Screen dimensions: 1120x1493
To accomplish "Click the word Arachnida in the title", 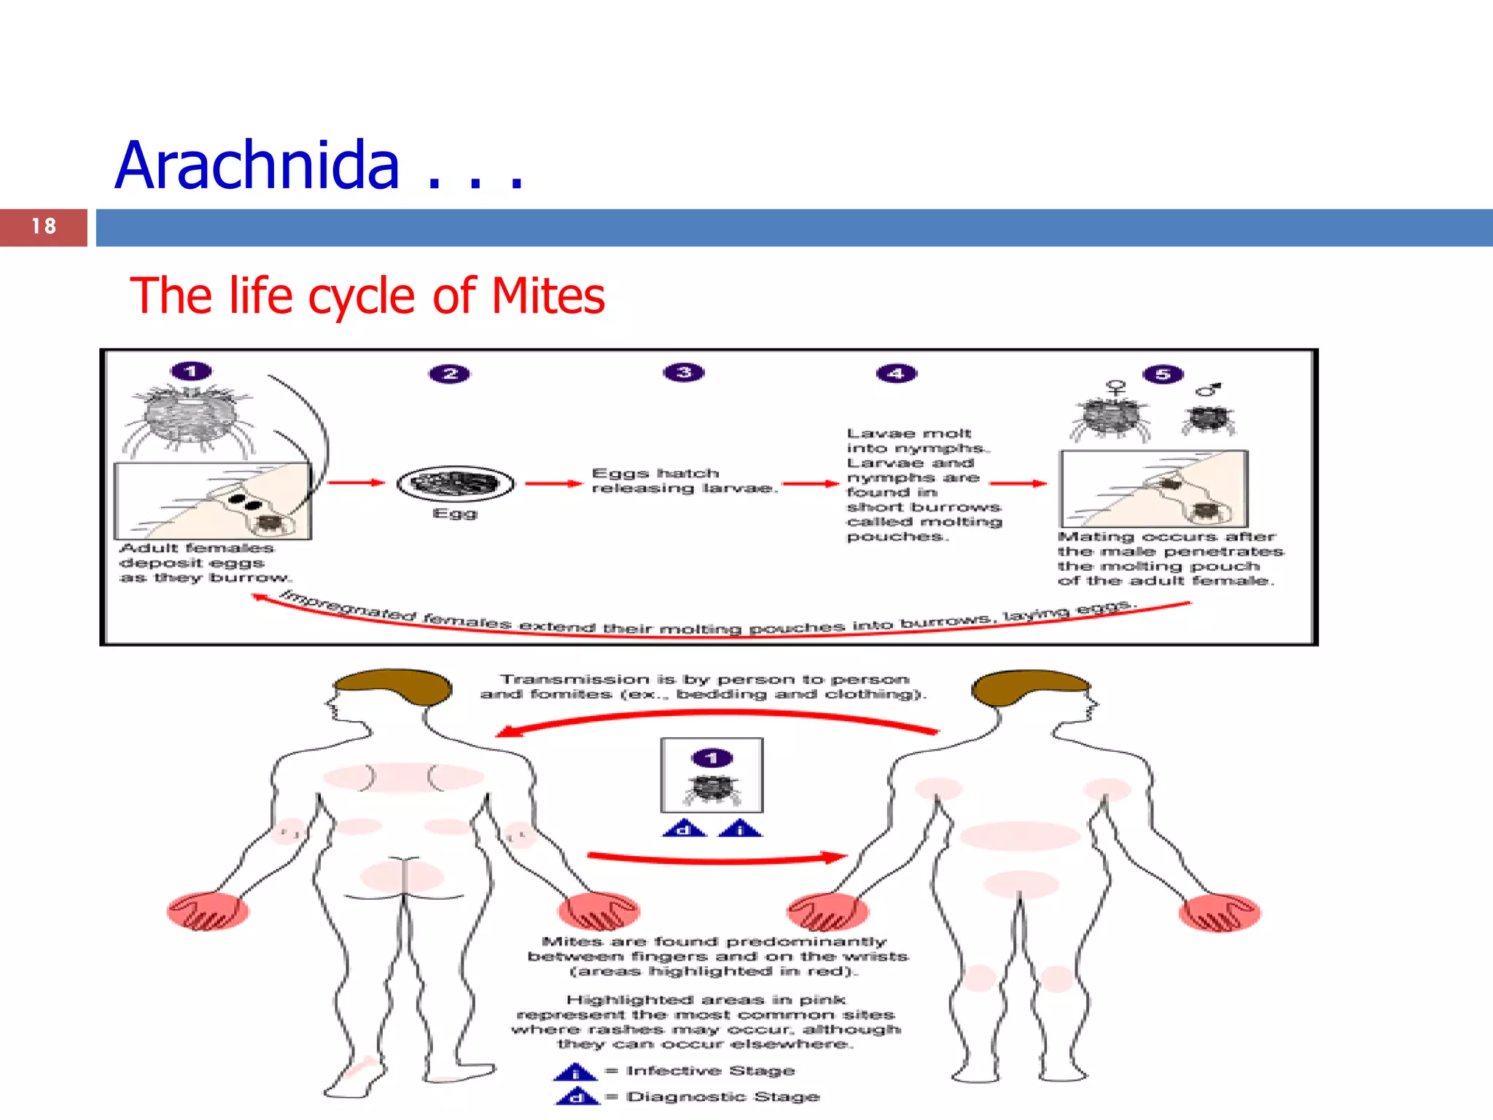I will [257, 166].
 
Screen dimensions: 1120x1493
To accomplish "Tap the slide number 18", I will [44, 227].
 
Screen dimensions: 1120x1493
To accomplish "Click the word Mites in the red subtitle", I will [548, 296].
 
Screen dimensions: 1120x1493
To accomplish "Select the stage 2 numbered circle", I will [450, 374].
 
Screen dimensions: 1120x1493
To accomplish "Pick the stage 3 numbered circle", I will [684, 373].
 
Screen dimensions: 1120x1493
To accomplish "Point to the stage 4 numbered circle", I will [897, 373].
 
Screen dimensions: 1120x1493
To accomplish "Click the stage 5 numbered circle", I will [1163, 375].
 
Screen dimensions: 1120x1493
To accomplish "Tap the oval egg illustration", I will [456, 483].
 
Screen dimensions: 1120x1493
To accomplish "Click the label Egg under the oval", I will [455, 513].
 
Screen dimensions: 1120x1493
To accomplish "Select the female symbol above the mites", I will [1115, 388].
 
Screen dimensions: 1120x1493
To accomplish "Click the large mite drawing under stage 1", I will [191, 416].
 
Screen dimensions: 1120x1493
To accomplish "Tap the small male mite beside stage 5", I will [1209, 419].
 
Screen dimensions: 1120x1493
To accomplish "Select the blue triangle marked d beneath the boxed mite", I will [684, 829].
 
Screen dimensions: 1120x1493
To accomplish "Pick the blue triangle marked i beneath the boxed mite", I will [740, 829].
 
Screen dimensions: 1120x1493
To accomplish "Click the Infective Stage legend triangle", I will [575, 1073].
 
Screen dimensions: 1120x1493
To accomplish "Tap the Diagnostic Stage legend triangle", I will [577, 1097].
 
